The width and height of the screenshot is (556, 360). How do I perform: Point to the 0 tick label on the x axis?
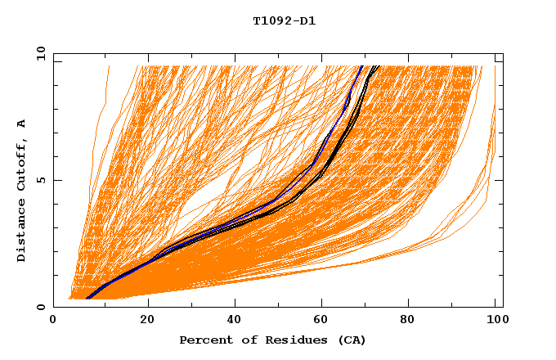[53, 320]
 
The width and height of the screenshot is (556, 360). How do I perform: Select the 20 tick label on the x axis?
[147, 320]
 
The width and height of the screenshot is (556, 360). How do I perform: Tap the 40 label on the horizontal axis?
[235, 320]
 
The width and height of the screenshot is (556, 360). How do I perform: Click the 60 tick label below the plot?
[323, 320]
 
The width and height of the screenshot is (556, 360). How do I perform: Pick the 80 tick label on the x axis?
[411, 320]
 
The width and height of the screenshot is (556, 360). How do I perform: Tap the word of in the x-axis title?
[240, 340]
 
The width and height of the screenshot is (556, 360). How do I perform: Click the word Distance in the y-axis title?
[21, 230]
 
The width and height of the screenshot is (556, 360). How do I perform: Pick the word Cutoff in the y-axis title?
[21, 164]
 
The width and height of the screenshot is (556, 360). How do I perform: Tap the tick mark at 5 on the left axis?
[56, 180]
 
